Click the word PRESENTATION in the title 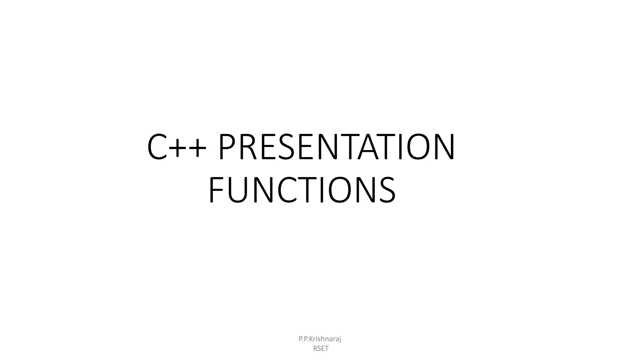[336, 147]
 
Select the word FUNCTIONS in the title [302, 190]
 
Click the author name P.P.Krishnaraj [320, 339]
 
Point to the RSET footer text [321, 348]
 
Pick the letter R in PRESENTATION [248, 147]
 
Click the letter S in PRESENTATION [285, 147]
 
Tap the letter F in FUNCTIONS [217, 190]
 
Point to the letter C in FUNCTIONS [288, 190]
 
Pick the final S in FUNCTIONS [386, 190]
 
